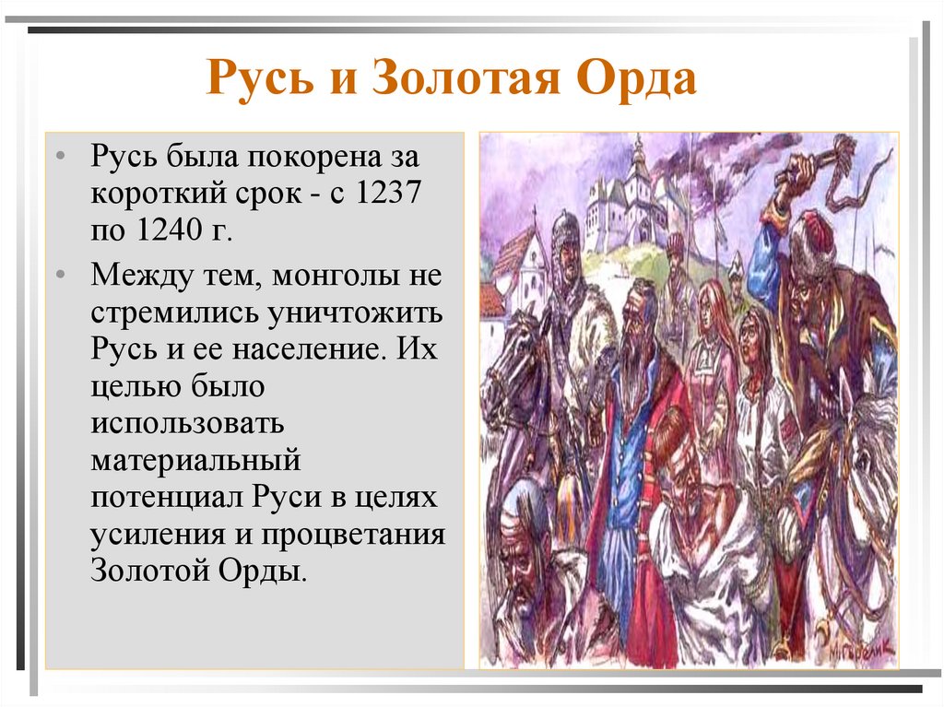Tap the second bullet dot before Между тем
tap(60, 275)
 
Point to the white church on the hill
tap(631, 198)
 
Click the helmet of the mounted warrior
tap(564, 227)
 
